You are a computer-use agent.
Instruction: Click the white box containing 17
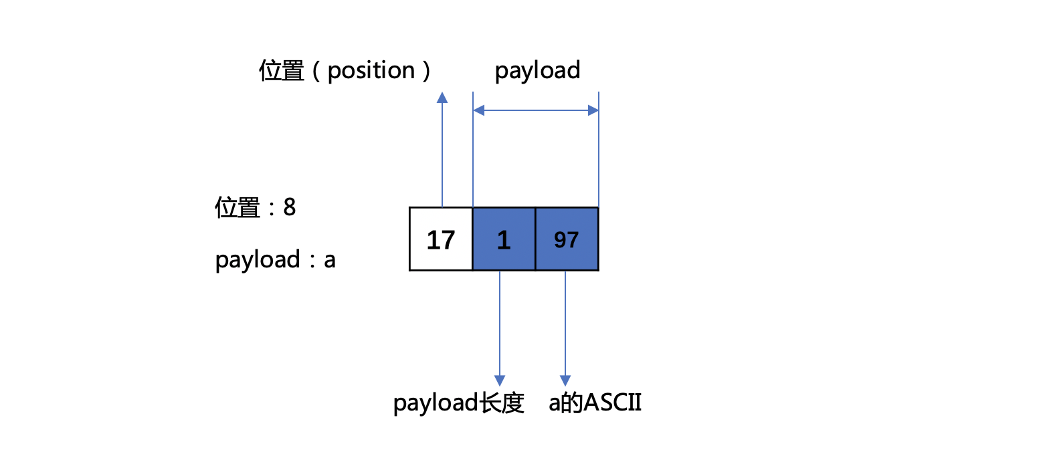[x=441, y=239]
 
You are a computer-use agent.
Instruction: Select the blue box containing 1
[x=504, y=239]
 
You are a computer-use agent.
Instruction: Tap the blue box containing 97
[x=567, y=239]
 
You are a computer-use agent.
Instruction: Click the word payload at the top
[x=538, y=71]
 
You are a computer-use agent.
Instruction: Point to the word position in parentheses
[x=371, y=72]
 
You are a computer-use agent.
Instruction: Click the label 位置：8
[x=256, y=207]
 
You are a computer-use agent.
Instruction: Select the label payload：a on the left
[x=276, y=260]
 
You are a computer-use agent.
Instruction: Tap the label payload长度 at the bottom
[x=458, y=403]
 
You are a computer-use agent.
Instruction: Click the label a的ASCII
[x=595, y=402]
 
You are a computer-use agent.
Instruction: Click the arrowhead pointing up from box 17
[x=442, y=98]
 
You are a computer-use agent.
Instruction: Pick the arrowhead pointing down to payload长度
[x=500, y=380]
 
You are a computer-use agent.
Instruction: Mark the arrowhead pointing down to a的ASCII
[x=565, y=380]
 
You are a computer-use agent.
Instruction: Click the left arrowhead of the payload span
[x=478, y=110]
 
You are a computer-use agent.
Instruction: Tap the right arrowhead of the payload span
[x=593, y=110]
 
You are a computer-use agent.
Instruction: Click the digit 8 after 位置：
[x=290, y=207]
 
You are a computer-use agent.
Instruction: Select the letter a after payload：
[x=330, y=260]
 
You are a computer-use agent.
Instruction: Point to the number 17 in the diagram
[x=441, y=240]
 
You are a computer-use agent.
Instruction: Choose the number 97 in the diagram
[x=567, y=240]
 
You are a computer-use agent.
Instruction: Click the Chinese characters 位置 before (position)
[x=282, y=71]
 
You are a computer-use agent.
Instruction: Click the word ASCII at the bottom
[x=613, y=402]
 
